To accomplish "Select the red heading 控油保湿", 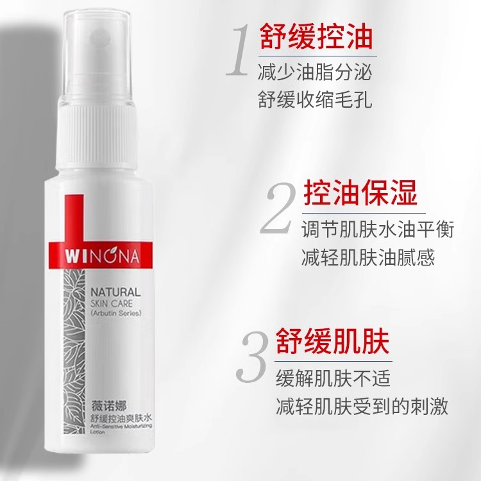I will tap(360, 192).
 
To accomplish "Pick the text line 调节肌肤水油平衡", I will tap(378, 229).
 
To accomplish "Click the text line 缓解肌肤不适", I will tap(332, 377).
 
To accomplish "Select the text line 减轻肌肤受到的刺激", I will tap(361, 407).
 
